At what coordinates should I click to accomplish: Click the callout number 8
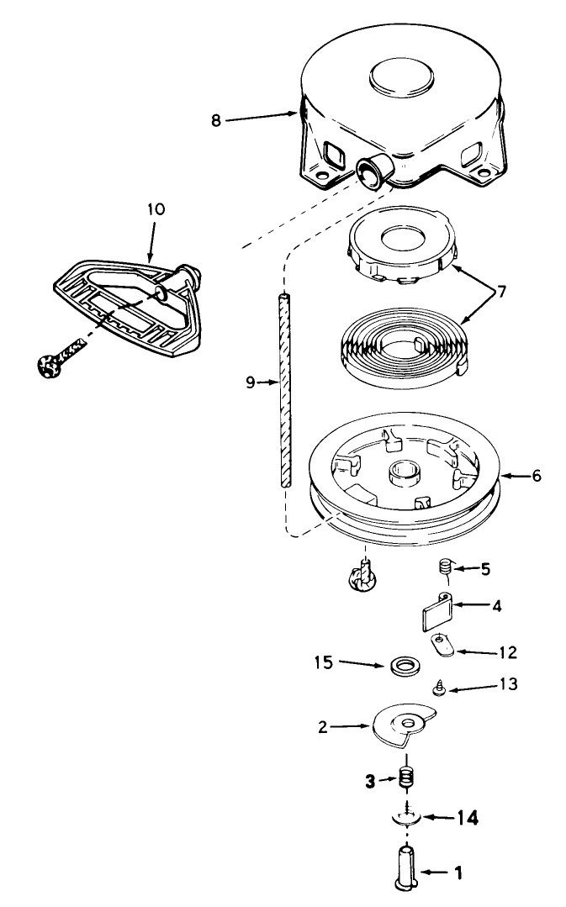point(216,121)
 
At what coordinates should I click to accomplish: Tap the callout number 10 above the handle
point(156,208)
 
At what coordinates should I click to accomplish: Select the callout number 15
point(324,662)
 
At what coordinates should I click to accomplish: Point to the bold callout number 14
point(467,819)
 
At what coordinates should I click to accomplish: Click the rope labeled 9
point(284,392)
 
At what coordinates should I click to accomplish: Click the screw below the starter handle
point(61,357)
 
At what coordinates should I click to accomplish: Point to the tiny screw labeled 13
point(439,689)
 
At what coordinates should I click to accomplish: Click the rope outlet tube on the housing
point(373,170)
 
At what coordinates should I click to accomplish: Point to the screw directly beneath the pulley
point(362,574)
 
